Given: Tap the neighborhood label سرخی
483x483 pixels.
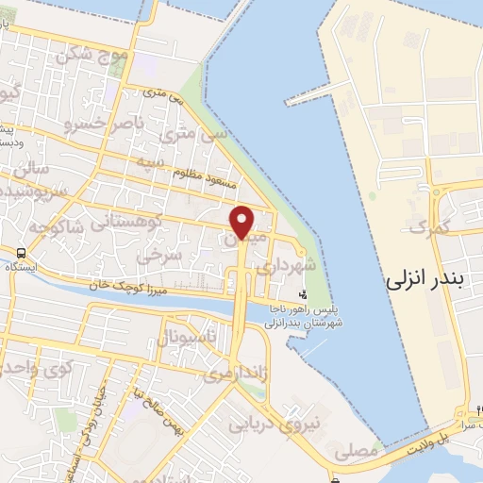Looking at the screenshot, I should coord(154,256).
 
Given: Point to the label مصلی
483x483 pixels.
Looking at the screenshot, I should coord(361,453).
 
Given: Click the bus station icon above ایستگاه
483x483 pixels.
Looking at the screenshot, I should coord(20,253).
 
